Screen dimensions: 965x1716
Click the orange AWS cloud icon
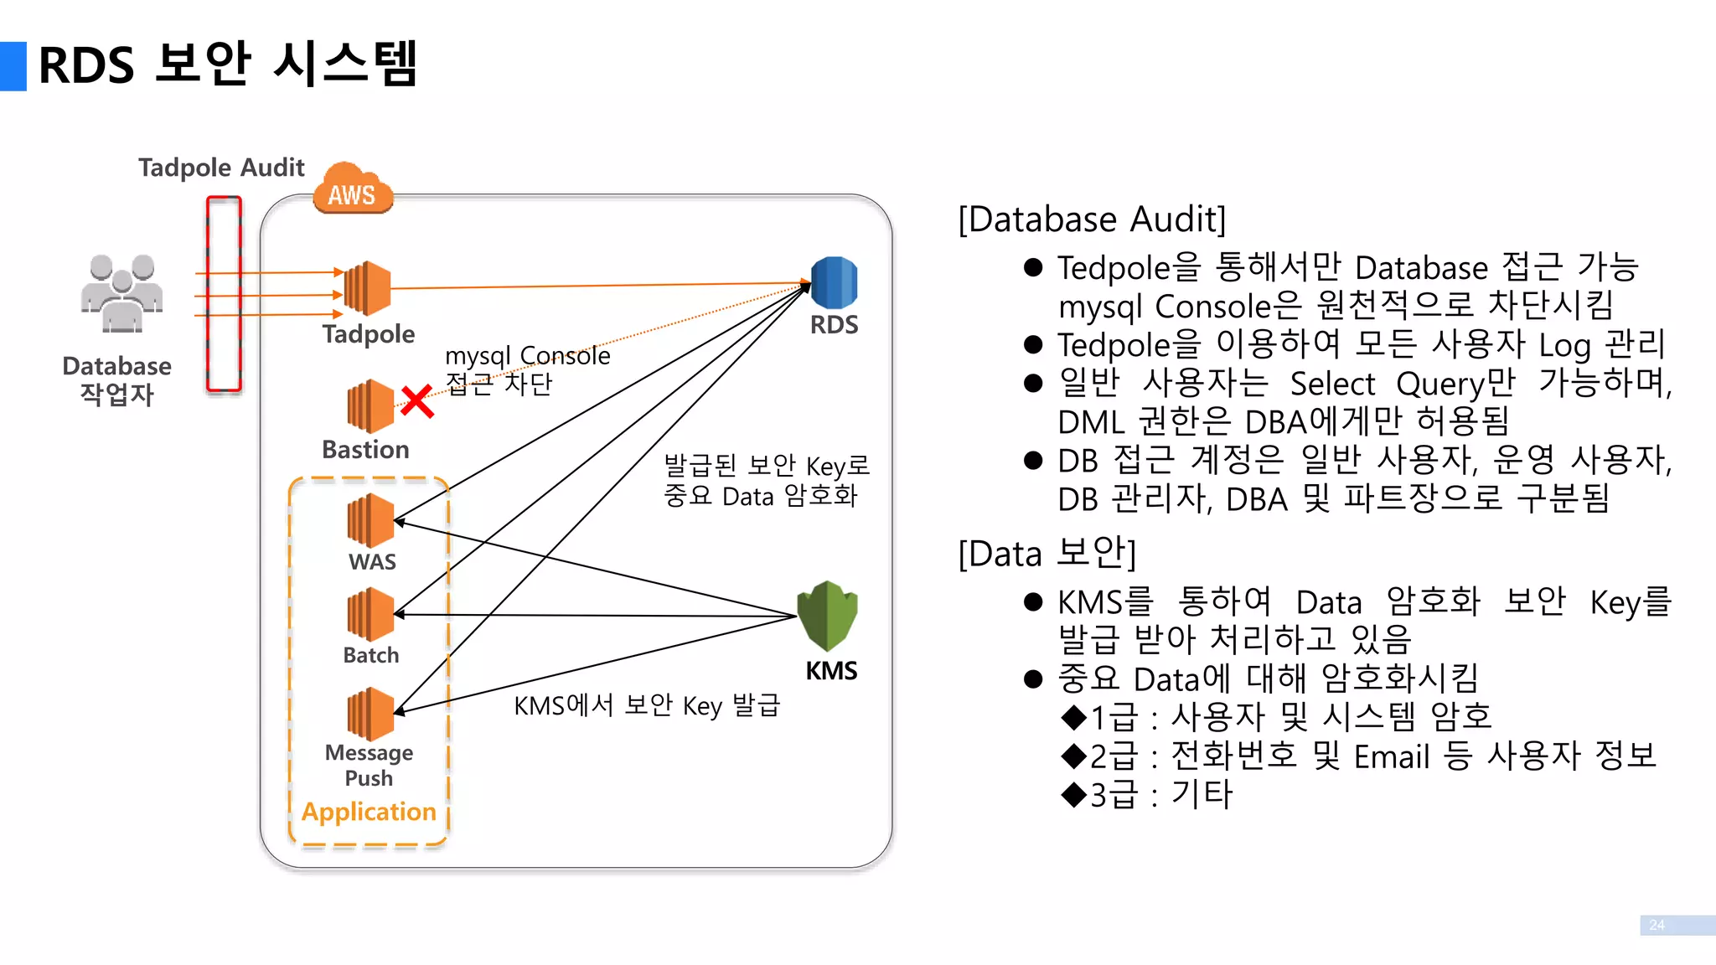tap(353, 188)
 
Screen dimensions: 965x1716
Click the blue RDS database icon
tap(834, 283)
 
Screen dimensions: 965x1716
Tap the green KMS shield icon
tap(827, 616)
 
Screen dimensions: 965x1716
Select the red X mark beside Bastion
tap(416, 401)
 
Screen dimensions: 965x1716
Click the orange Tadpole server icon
tap(369, 288)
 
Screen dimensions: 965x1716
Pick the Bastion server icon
tap(370, 406)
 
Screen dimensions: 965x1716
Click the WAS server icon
tap(370, 520)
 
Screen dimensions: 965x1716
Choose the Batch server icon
tap(370, 614)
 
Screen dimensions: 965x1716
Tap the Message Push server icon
tap(370, 714)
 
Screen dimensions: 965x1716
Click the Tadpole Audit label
tap(221, 168)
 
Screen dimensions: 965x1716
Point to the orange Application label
tap(369, 812)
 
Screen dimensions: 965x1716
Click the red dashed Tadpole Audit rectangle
tap(224, 294)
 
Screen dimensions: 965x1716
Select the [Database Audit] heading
tap(1092, 219)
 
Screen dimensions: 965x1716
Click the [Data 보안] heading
tap(1047, 554)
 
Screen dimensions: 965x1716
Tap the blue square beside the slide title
tap(13, 66)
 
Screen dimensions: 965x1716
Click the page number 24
tap(1657, 925)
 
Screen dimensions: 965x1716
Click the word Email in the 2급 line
tap(1391, 757)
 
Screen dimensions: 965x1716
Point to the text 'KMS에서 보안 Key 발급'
tap(647, 705)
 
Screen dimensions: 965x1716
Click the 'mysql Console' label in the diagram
tap(527, 356)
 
